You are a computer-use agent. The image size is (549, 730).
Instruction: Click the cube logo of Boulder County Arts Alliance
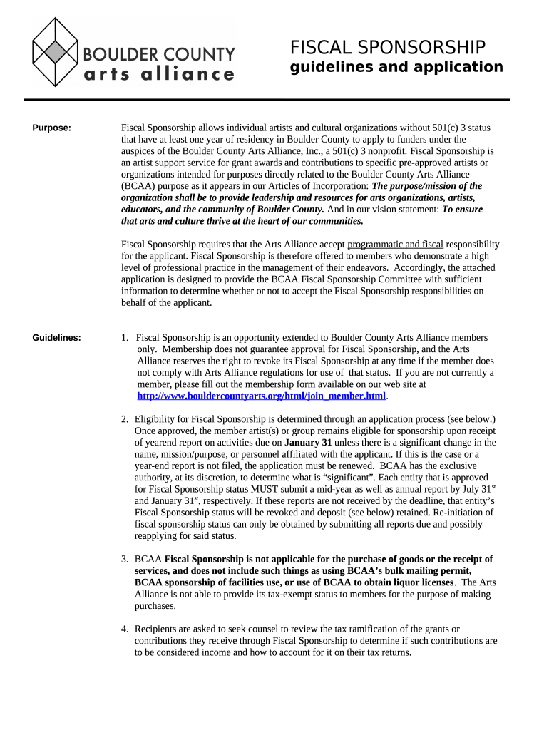(x=56, y=52)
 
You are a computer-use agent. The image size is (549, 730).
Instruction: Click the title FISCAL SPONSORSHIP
(x=387, y=48)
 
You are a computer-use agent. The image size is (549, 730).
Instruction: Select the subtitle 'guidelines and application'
(x=396, y=67)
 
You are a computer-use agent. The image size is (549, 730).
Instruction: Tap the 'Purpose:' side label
(x=52, y=128)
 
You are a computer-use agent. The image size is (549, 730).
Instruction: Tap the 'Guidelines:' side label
(x=56, y=338)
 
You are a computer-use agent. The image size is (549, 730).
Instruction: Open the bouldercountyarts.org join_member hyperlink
(x=261, y=396)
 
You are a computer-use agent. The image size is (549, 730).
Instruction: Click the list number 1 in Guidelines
(x=125, y=338)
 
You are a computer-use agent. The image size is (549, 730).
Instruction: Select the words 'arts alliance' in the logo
(x=159, y=74)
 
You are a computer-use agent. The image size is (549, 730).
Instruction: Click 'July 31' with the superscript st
(x=474, y=489)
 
